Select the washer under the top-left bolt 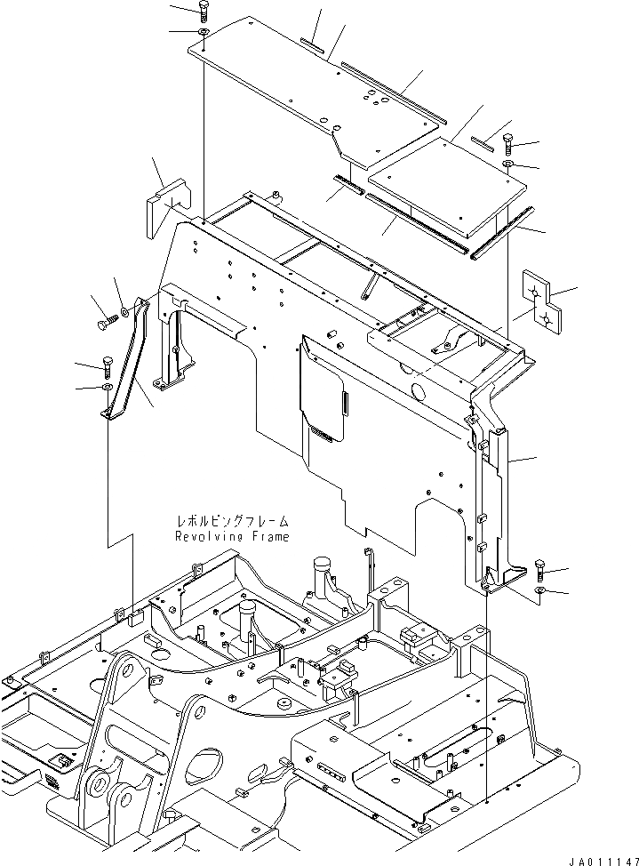click(x=204, y=34)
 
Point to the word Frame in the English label click(x=269, y=537)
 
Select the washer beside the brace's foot click(x=108, y=387)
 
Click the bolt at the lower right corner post click(x=542, y=569)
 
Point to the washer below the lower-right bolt click(x=541, y=590)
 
